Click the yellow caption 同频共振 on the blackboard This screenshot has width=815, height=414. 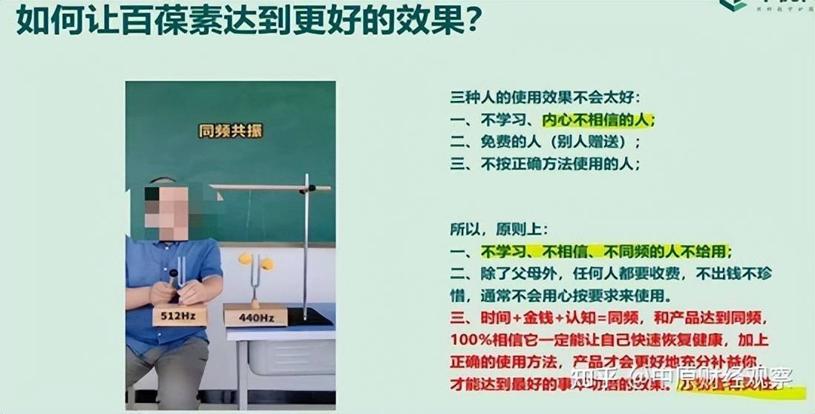(x=230, y=131)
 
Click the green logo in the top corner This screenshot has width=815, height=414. (x=734, y=5)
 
